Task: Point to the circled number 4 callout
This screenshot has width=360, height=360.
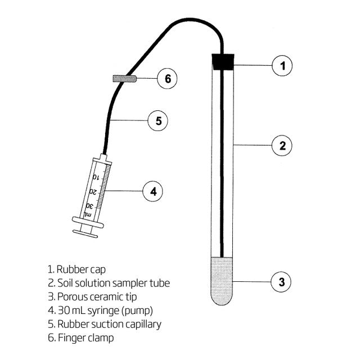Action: click(x=152, y=191)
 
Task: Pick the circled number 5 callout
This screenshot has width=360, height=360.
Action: click(x=158, y=120)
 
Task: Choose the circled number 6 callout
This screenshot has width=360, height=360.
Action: click(x=167, y=78)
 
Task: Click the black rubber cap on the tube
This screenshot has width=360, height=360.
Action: click(x=223, y=61)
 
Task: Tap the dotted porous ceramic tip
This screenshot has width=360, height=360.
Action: click(x=223, y=281)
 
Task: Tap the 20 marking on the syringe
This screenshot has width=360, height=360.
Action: click(x=92, y=192)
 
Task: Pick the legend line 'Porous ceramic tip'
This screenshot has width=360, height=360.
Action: click(x=97, y=296)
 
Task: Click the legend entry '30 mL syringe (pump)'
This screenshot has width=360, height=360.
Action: click(x=100, y=310)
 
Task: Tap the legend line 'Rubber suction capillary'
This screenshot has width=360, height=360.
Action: click(x=105, y=324)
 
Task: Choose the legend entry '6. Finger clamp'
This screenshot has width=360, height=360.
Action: click(x=81, y=337)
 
